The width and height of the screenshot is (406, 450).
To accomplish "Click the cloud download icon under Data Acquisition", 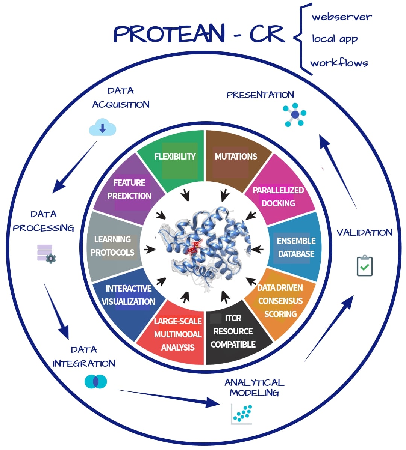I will pyautogui.click(x=102, y=128).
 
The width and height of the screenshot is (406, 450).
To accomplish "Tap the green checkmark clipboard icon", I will pyautogui.click(x=364, y=266).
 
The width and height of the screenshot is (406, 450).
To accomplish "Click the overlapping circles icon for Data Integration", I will pyautogui.click(x=95, y=382).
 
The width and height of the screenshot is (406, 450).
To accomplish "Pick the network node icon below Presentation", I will pyautogui.click(x=295, y=114).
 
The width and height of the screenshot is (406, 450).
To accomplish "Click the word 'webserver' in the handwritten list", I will pyautogui.click(x=341, y=17).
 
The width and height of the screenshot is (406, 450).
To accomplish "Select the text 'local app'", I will pyautogui.click(x=335, y=39).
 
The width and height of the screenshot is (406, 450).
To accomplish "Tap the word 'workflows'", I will pyautogui.click(x=339, y=63).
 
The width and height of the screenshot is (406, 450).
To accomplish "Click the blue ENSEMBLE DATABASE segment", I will pyautogui.click(x=296, y=247).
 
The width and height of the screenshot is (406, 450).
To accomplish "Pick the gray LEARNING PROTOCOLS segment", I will pyautogui.click(x=112, y=246).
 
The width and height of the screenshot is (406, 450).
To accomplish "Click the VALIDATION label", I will pyautogui.click(x=364, y=233).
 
